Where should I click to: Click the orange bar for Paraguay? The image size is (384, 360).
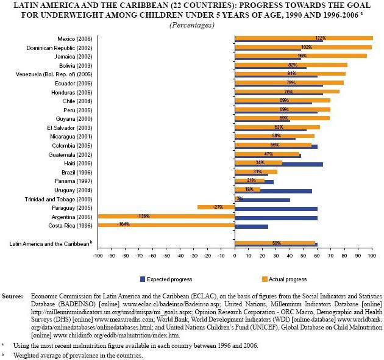click(x=216, y=207)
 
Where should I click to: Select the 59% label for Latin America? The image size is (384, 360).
click(x=276, y=243)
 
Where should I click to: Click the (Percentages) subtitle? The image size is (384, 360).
click(x=191, y=25)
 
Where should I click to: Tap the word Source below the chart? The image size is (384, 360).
click(x=12, y=295)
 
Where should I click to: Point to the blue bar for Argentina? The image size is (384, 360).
click(x=276, y=218)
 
